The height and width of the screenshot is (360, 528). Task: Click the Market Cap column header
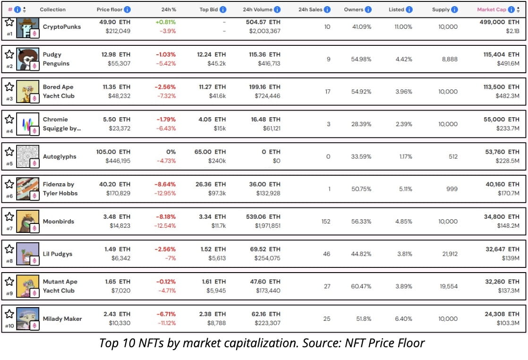(x=491, y=9)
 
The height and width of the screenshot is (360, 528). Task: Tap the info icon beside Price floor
(x=128, y=9)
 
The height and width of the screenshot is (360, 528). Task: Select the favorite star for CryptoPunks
(x=9, y=22)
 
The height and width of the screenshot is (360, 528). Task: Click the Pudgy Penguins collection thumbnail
(x=27, y=59)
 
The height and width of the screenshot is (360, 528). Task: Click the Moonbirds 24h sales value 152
(x=326, y=221)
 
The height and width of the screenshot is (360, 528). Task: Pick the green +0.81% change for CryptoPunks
(x=165, y=22)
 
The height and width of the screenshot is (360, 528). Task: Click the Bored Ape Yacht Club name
(x=59, y=91)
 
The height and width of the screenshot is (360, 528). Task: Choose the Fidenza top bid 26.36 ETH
(x=211, y=184)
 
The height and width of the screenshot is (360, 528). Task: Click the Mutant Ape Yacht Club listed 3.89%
(x=404, y=286)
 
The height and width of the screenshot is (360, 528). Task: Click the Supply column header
(x=441, y=9)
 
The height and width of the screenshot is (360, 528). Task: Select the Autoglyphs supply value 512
(x=453, y=156)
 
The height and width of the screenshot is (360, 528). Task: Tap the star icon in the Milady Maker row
(x=9, y=313)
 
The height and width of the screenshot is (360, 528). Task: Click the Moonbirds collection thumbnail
(x=27, y=222)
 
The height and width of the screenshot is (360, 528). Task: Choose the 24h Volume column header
(x=257, y=9)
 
